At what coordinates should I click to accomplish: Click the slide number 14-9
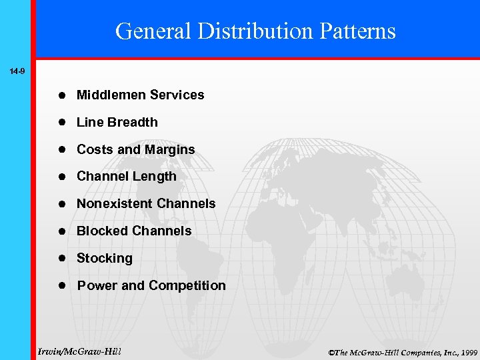coord(17,70)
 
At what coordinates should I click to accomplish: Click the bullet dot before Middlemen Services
coord(61,95)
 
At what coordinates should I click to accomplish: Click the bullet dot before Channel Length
coord(61,177)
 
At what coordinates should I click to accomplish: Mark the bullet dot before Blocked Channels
coord(61,231)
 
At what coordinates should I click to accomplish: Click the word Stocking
coord(105,259)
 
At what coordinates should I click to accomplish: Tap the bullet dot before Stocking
coord(61,259)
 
